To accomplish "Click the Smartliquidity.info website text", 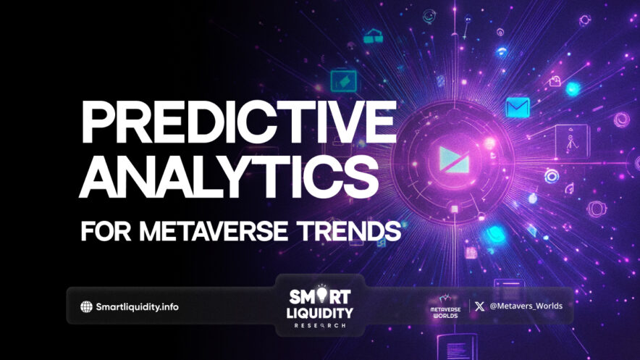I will pyautogui.click(x=138, y=306).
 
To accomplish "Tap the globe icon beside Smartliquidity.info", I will pyautogui.click(x=87, y=306).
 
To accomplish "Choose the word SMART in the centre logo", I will pyautogui.click(x=320, y=296).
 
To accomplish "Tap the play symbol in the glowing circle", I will pyautogui.click(x=444, y=157).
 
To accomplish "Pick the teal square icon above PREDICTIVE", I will pyautogui.click(x=340, y=80).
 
